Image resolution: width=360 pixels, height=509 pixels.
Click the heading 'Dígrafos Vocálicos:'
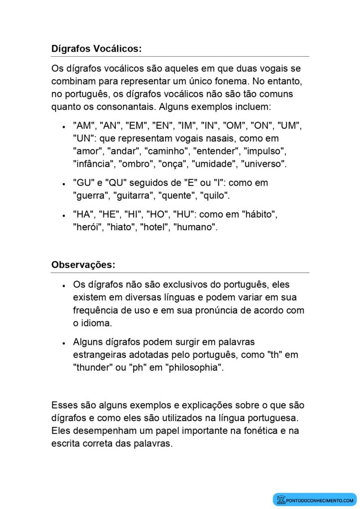click(x=96, y=49)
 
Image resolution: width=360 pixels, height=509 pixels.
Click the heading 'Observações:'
click(x=83, y=265)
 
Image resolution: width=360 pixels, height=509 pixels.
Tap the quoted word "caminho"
click(x=166, y=151)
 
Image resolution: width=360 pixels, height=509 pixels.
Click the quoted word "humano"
click(x=195, y=228)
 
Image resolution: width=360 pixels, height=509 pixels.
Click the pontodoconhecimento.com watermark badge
click(x=315, y=500)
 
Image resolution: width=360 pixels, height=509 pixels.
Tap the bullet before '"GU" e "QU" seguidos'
click(x=64, y=183)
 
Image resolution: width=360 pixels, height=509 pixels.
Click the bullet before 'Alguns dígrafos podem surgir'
click(x=64, y=343)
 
